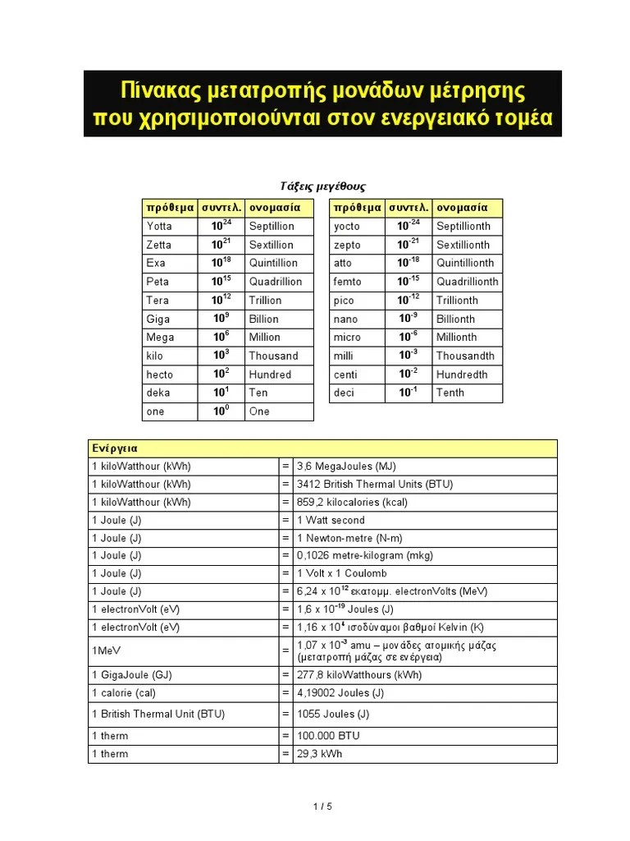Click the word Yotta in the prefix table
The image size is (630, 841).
(x=159, y=226)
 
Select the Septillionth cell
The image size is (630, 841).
(x=463, y=226)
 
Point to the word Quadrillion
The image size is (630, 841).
(x=275, y=282)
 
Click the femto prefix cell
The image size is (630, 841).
(x=347, y=282)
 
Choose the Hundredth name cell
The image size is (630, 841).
(x=462, y=375)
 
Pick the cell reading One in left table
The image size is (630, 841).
(x=259, y=411)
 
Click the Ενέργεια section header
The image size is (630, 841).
(x=114, y=448)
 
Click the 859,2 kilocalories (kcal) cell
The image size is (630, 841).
(x=352, y=502)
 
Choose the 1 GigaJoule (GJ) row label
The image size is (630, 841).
(x=132, y=675)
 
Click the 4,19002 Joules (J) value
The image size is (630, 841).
(x=340, y=693)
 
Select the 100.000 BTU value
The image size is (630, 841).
(x=328, y=736)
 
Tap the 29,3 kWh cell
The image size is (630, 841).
(x=320, y=754)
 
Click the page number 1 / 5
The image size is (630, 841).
(x=322, y=807)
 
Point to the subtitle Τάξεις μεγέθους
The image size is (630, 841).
(x=317, y=186)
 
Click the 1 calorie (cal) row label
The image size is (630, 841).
(x=124, y=693)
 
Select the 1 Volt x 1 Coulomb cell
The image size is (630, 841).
(x=342, y=573)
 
